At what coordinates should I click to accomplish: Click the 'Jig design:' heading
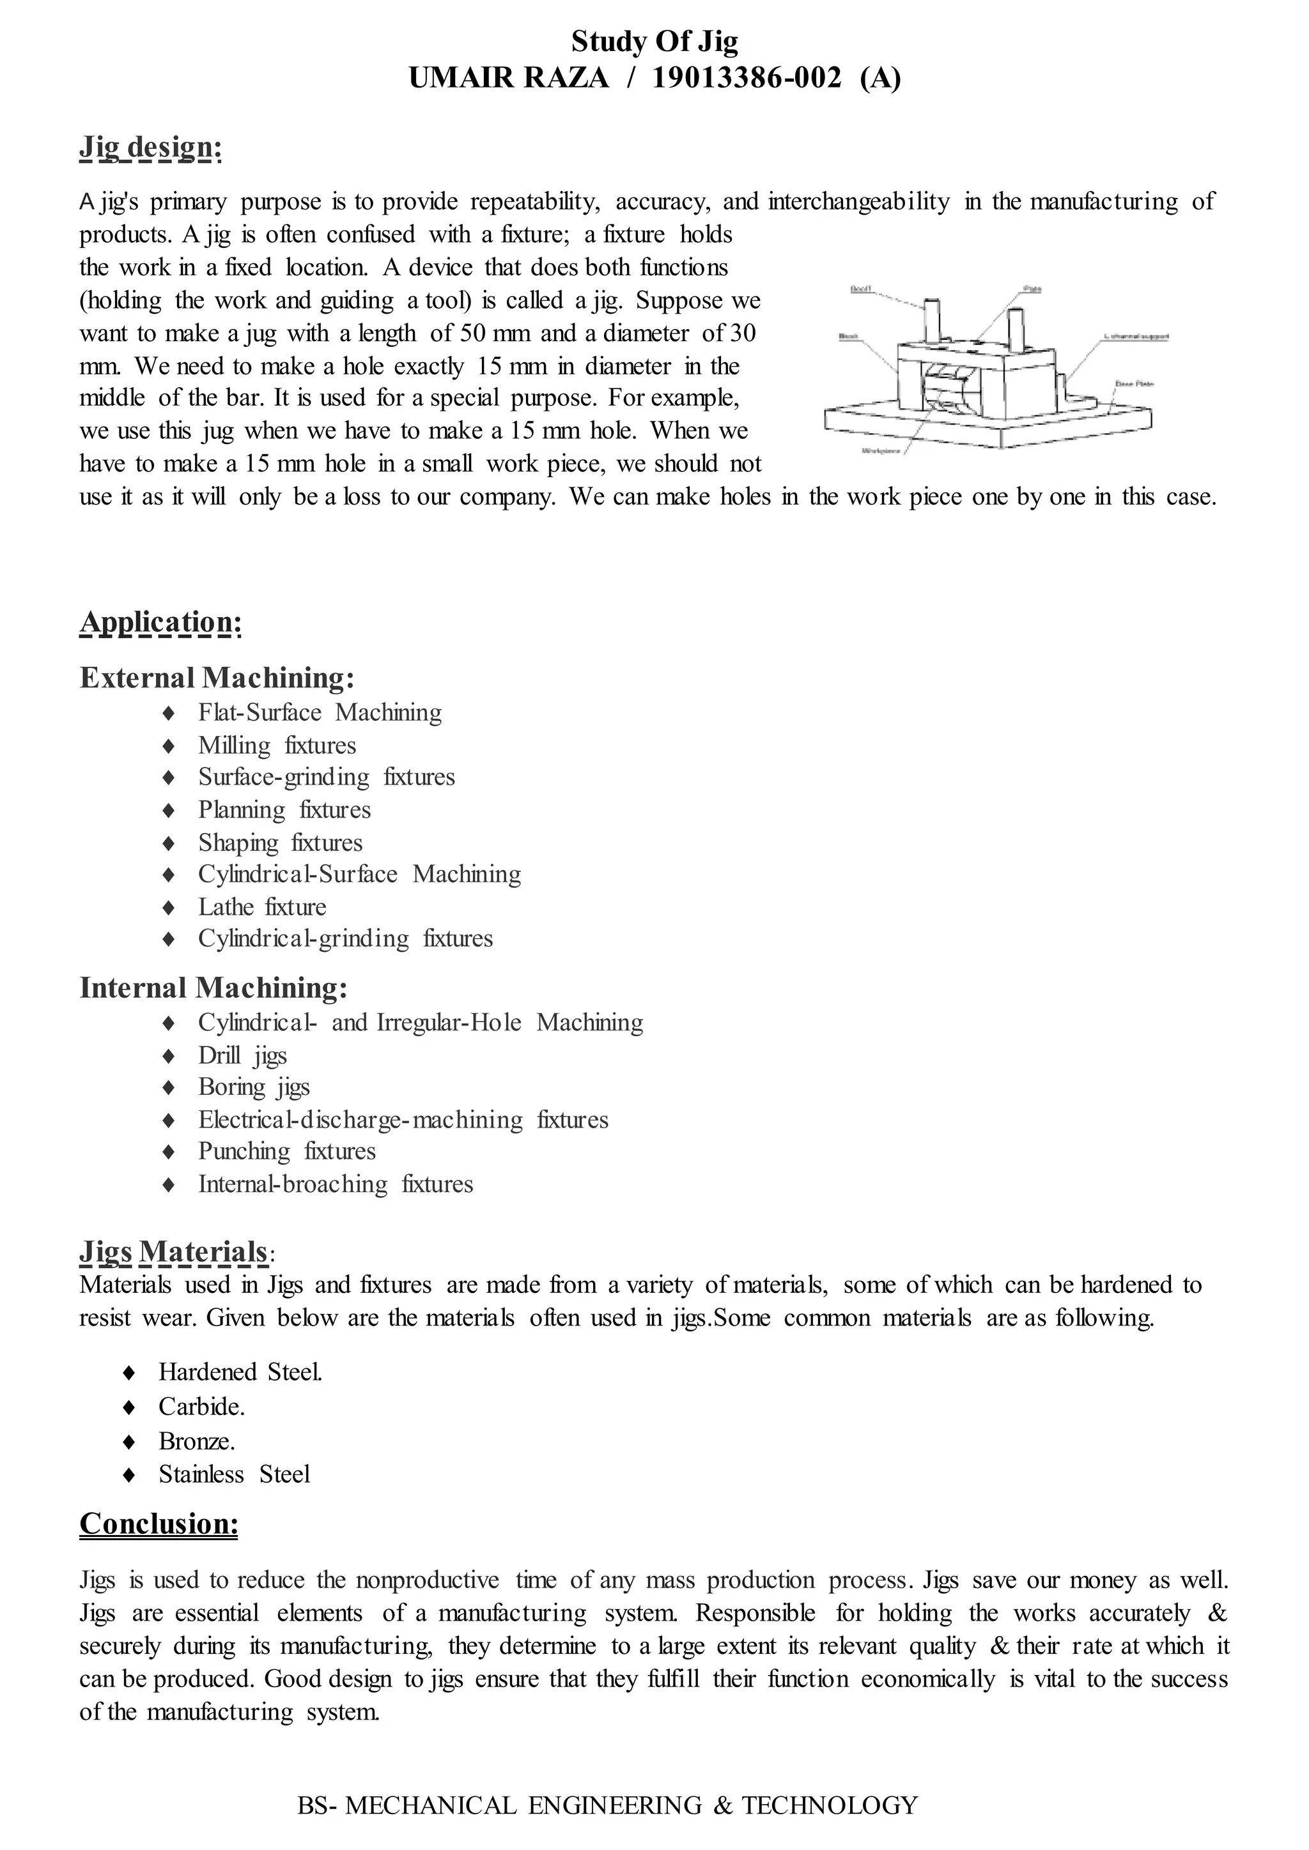point(150,148)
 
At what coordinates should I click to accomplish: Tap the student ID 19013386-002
point(746,78)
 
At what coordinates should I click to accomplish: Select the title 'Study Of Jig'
point(654,40)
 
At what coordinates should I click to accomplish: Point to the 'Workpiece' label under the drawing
point(881,451)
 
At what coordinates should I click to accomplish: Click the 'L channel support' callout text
point(1136,337)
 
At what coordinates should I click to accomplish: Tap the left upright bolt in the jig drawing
point(932,319)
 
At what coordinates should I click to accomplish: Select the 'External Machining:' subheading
point(217,678)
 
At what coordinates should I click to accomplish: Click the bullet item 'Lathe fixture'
point(262,907)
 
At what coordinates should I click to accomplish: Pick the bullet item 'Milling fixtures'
point(277,745)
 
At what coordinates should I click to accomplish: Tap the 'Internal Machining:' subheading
point(213,988)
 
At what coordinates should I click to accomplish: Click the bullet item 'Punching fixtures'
point(287,1151)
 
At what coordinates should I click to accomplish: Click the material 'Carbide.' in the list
point(201,1407)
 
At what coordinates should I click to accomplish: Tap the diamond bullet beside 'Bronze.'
point(128,1441)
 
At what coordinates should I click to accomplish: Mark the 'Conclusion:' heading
point(159,1524)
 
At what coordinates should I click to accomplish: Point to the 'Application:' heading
point(160,622)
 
